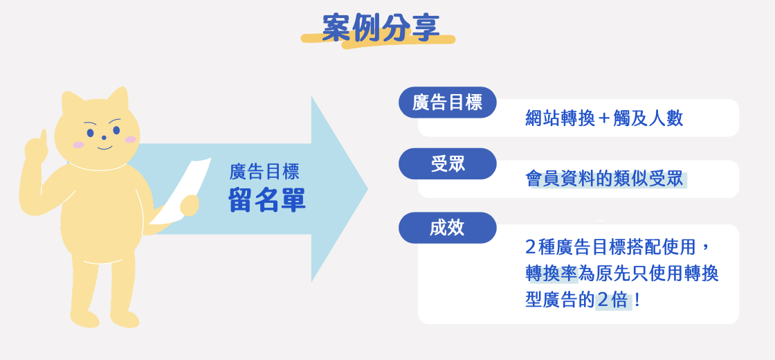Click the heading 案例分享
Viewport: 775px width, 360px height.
pos(381,27)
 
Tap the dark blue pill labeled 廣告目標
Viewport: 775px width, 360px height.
pos(447,102)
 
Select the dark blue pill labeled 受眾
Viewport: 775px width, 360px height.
pos(447,163)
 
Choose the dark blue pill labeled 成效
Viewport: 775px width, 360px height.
pos(447,228)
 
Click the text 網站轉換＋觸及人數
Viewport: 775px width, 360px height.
pos(604,118)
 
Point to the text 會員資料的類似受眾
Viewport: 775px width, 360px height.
pos(604,179)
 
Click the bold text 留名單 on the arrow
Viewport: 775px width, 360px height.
pos(267,201)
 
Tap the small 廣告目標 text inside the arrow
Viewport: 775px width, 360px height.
pos(264,172)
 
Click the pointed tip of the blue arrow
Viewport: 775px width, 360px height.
pos(367,188)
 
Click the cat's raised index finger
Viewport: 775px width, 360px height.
pos(43,139)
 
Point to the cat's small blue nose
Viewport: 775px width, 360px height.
pos(104,138)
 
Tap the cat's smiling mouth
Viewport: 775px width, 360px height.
pos(104,147)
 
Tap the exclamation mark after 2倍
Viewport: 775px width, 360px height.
pos(636,300)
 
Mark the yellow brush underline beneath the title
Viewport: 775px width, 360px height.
pos(378,40)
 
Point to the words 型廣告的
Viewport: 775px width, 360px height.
pos(560,300)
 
